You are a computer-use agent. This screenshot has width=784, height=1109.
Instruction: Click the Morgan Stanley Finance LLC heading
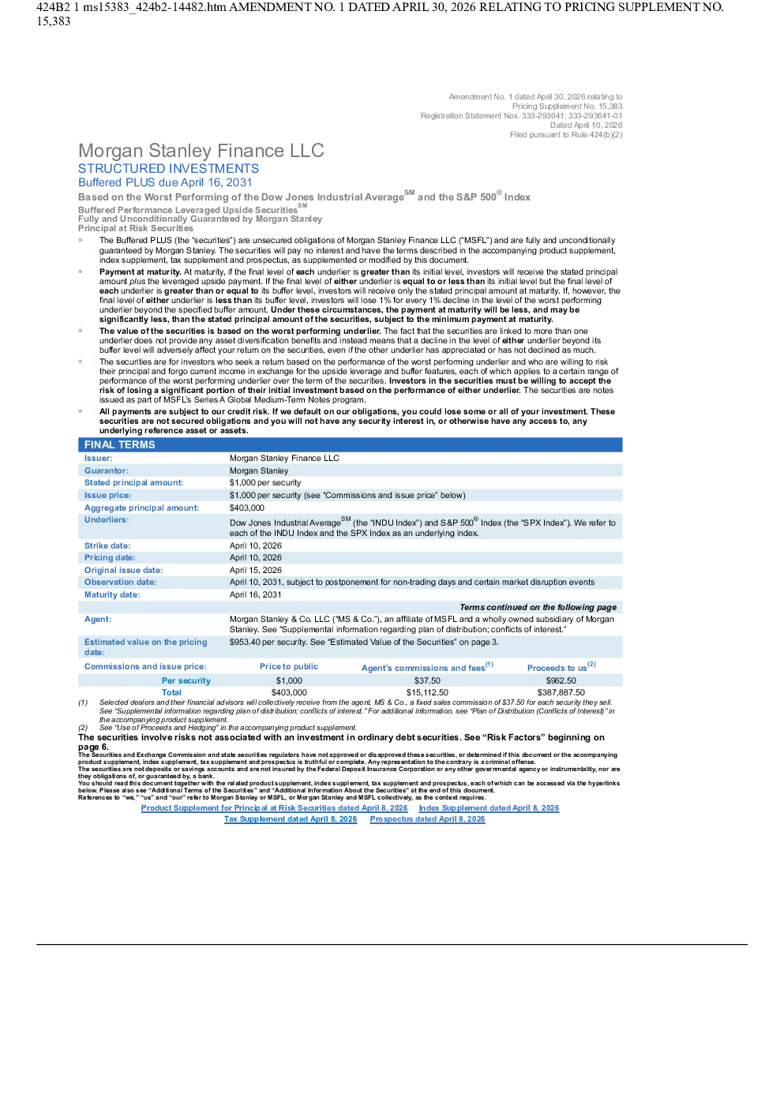tap(201, 151)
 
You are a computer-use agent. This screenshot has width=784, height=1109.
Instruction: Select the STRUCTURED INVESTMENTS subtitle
tap(168, 169)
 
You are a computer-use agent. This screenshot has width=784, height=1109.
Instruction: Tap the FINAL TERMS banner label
tap(119, 444)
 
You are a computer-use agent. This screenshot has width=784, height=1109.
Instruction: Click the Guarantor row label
tap(106, 470)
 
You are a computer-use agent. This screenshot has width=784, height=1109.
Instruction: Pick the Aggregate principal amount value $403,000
tap(246, 508)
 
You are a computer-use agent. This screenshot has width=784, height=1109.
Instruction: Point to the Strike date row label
tap(107, 545)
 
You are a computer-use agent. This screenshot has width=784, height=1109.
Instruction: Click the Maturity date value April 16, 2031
tap(255, 594)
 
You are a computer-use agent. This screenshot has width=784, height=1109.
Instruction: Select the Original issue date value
tap(256, 570)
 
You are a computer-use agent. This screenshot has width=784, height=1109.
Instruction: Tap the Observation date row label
tap(120, 583)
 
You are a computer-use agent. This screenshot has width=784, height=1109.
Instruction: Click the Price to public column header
tap(289, 666)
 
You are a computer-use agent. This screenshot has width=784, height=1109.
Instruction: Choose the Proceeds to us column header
tap(561, 667)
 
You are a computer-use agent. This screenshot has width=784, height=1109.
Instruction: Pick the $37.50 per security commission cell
tap(427, 680)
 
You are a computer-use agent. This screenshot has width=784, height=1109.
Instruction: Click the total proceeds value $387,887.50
tap(561, 692)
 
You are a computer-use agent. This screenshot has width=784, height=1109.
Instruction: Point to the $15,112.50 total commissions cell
tap(427, 692)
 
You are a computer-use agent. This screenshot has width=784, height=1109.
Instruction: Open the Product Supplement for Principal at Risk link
tap(275, 808)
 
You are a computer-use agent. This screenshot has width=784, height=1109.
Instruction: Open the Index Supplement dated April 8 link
tap(489, 808)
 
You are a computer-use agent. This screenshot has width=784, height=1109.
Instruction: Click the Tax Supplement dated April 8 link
tap(291, 819)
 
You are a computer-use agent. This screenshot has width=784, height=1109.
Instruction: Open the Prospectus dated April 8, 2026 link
tap(427, 819)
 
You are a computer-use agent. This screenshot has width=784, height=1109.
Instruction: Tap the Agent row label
tap(98, 620)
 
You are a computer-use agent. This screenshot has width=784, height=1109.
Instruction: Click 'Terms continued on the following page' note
tap(538, 607)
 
